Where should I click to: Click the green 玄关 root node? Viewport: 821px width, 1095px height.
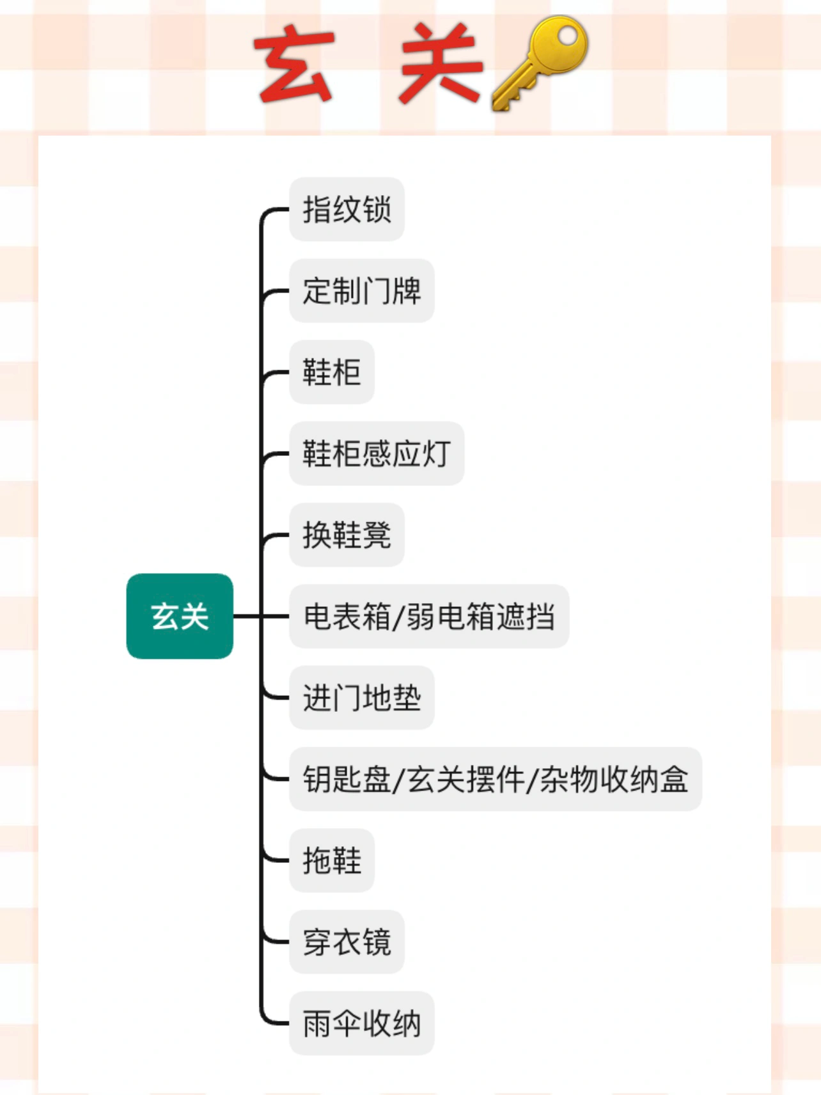[180, 616]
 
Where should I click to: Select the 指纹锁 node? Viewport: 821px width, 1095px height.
[347, 210]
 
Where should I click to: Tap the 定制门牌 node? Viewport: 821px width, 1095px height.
[361, 291]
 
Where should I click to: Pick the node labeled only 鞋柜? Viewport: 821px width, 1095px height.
[331, 372]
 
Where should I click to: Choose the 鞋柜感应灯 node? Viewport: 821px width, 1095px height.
[376, 453]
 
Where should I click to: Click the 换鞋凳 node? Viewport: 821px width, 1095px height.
[347, 535]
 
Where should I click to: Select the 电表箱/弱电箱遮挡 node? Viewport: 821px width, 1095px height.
[428, 616]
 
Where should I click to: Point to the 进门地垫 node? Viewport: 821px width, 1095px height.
[361, 697]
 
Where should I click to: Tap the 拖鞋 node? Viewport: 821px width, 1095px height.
[331, 860]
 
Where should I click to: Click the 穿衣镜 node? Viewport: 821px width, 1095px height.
[347, 941]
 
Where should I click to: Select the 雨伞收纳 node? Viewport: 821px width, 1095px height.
[361, 1023]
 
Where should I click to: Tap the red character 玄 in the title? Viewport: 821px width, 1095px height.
[294, 64]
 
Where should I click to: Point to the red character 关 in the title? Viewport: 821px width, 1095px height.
[440, 64]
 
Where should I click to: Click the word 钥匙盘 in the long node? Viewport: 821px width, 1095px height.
[347, 779]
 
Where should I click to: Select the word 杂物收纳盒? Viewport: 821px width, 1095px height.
[614, 779]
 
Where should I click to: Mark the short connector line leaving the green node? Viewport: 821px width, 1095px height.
[247, 616]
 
